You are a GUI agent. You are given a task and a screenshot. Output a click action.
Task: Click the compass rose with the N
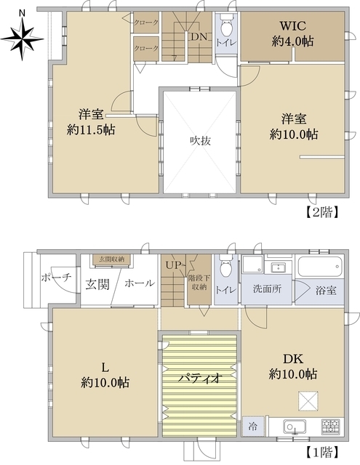pos(22,33)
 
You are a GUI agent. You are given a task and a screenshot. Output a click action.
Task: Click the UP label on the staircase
pos(173,264)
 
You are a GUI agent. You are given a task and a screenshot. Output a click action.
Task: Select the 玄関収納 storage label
pos(111,259)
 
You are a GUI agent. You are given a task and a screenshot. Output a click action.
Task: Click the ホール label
pos(138,284)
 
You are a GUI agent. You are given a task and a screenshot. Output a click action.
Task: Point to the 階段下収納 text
pos(199,283)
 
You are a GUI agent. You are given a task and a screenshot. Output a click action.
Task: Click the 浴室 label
pos(326,290)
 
